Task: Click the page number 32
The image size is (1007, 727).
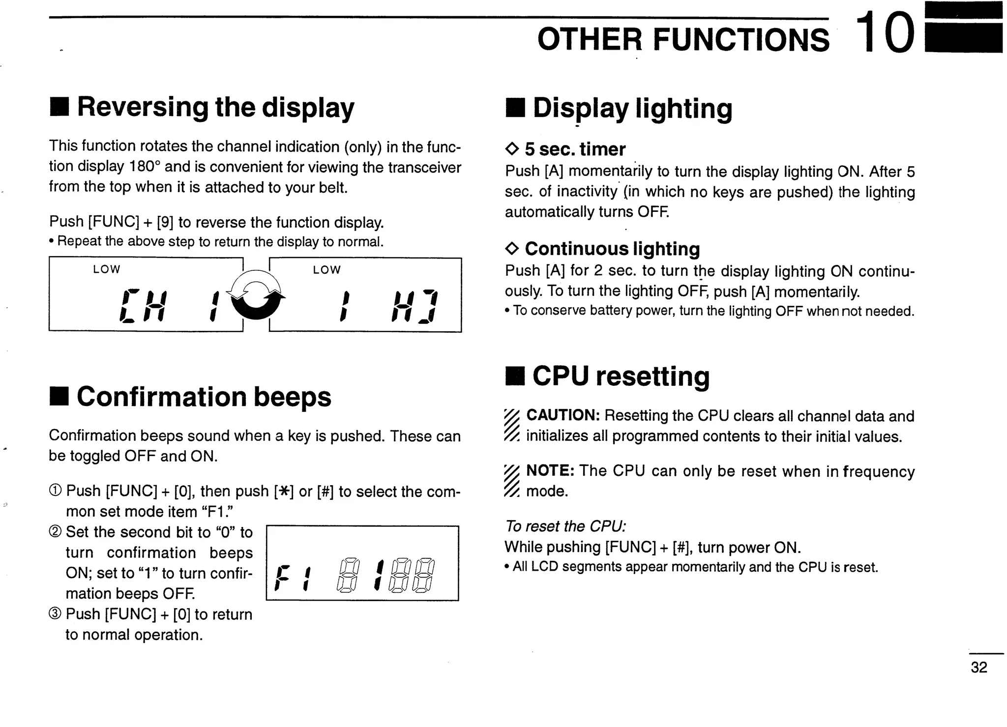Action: [x=978, y=667]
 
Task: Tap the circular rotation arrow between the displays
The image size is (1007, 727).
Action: [x=257, y=294]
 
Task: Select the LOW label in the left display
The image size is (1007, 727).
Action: [x=106, y=269]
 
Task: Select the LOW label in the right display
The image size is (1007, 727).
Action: [x=326, y=270]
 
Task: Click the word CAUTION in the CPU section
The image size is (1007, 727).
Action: [x=563, y=415]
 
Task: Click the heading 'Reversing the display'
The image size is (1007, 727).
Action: [x=215, y=107]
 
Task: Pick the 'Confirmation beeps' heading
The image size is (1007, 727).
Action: [x=204, y=397]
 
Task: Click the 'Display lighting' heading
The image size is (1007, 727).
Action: [x=632, y=108]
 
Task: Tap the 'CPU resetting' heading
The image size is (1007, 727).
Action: [x=621, y=377]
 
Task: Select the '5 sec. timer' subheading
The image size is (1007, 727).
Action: [x=575, y=149]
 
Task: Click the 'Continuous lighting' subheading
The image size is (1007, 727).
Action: [x=612, y=249]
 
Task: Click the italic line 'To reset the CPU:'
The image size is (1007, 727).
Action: [x=565, y=526]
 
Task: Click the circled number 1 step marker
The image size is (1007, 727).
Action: [x=56, y=491]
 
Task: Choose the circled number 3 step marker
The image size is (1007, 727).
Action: [x=56, y=614]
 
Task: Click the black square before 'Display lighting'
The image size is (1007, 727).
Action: [x=515, y=109]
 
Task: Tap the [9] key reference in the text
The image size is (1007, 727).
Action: [x=165, y=222]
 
